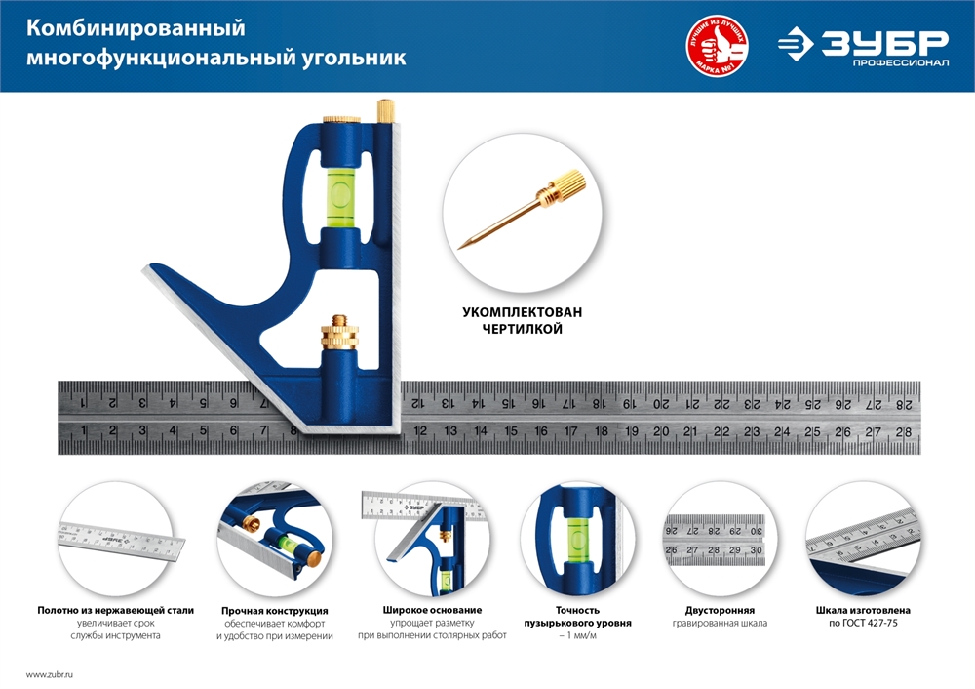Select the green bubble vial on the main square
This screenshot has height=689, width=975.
pyautogui.click(x=340, y=189)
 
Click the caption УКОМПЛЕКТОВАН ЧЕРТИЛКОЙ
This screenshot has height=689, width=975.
pyautogui.click(x=522, y=321)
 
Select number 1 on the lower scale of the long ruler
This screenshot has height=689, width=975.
pyautogui.click(x=85, y=431)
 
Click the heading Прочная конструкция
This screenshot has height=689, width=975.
pyautogui.click(x=274, y=610)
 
